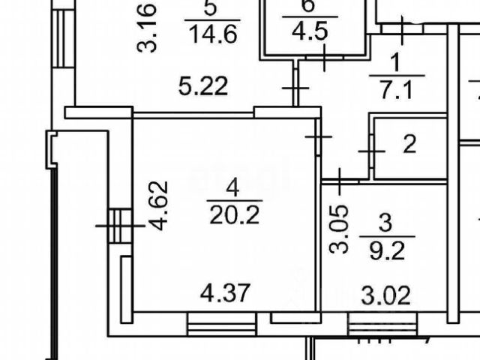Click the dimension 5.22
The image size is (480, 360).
click(x=203, y=88)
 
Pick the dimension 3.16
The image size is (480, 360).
click(x=147, y=28)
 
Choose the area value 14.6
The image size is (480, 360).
click(x=211, y=34)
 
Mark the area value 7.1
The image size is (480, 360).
click(x=397, y=91)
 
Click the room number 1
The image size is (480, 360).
click(x=397, y=63)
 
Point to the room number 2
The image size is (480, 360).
click(x=409, y=144)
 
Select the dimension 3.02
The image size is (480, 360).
click(x=385, y=296)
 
